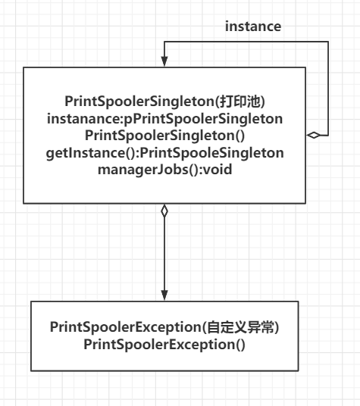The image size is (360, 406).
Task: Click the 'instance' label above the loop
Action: click(x=253, y=27)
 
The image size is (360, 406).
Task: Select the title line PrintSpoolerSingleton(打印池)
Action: click(x=164, y=101)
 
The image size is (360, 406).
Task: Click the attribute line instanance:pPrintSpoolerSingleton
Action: click(x=164, y=119)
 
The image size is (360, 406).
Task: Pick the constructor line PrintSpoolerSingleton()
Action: click(x=164, y=136)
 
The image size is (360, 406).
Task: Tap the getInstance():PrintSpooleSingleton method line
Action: click(x=164, y=153)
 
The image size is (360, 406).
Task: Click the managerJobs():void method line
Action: click(x=164, y=170)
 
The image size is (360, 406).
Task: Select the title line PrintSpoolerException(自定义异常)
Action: click(x=164, y=327)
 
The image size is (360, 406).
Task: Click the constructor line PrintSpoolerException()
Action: click(x=164, y=345)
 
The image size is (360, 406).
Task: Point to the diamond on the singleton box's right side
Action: click(x=313, y=135)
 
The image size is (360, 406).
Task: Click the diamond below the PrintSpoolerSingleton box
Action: click(x=164, y=211)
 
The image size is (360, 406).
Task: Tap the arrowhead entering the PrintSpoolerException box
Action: click(x=164, y=295)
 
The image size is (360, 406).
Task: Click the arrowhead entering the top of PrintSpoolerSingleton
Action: click(x=164, y=61)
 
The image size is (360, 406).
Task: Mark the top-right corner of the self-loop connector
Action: click(x=328, y=42)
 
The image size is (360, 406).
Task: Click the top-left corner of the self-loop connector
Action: click(x=164, y=42)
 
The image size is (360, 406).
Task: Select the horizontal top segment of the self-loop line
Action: click(x=246, y=42)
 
